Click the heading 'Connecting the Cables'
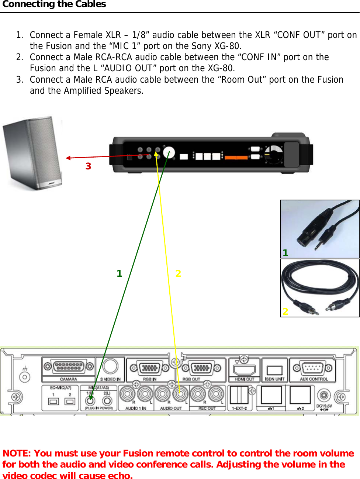point(54,4)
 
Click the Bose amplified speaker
point(32,153)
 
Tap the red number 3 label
point(88,166)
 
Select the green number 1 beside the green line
point(119,273)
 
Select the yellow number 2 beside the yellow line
point(178,273)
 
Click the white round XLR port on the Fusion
point(169,152)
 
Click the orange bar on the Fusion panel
point(236,158)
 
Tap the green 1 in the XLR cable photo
point(285,253)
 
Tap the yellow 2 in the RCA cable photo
point(285,311)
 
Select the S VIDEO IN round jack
point(110,366)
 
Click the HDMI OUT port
point(245,369)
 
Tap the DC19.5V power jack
point(324,396)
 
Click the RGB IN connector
point(149,368)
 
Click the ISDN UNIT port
point(274,370)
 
